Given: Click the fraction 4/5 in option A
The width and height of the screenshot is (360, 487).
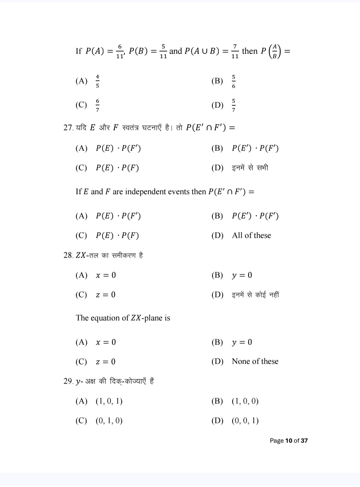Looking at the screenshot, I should click(x=97, y=81).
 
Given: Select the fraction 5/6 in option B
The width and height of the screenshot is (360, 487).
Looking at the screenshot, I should click(x=234, y=82).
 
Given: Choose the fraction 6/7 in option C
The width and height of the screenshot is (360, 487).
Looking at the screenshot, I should click(x=97, y=105).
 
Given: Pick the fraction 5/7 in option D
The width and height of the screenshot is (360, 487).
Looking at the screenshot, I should click(x=234, y=105).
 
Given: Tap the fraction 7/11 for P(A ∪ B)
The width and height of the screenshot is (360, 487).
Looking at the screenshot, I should click(x=235, y=51).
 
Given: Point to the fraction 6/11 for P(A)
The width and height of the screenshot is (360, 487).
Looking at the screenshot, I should click(x=120, y=51).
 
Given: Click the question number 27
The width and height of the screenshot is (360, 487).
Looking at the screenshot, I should click(x=68, y=128).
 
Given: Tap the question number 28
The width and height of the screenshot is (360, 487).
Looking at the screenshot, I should click(x=68, y=255).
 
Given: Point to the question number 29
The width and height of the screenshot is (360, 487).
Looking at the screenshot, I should click(x=68, y=381).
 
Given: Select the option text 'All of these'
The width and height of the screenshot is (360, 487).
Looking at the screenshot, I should click(x=251, y=235).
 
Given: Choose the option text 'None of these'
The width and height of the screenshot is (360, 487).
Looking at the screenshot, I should click(x=255, y=361).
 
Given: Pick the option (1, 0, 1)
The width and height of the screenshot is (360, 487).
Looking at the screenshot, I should click(x=109, y=401).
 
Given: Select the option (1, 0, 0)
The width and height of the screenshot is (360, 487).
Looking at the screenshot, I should click(x=245, y=401).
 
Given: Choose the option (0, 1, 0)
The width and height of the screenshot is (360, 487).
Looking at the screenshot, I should click(x=109, y=421).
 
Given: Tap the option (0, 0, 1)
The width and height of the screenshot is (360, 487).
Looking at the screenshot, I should click(x=245, y=421).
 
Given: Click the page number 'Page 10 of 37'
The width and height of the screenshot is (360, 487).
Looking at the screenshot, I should click(x=289, y=441).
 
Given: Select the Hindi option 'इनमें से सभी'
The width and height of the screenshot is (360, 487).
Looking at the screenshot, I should click(x=250, y=168).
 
